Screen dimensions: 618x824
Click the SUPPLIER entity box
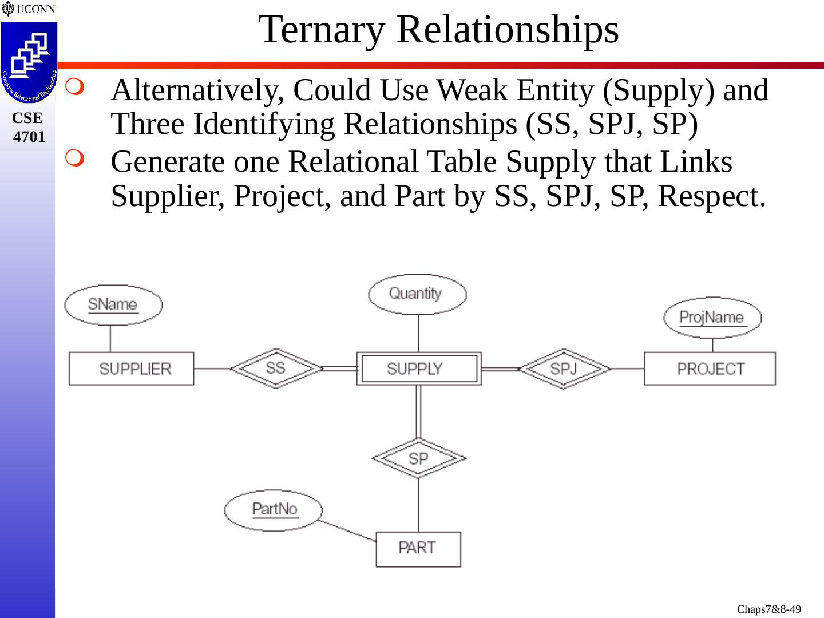[x=131, y=369]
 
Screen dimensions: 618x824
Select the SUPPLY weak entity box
[x=418, y=369]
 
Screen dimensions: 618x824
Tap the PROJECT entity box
[x=710, y=369]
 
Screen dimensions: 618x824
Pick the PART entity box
[x=418, y=549]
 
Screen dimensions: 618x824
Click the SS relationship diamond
[x=276, y=368]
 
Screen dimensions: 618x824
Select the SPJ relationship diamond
[x=564, y=369]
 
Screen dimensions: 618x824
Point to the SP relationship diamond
[x=418, y=458]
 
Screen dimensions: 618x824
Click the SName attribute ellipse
[x=113, y=304]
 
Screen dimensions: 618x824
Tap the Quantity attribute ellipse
[x=417, y=294]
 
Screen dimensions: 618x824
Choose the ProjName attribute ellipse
[x=712, y=318]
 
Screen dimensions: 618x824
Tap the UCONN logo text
[x=35, y=9]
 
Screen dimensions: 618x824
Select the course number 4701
[x=29, y=137]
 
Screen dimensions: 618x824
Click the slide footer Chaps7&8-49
[x=768, y=609]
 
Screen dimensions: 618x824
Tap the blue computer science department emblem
[x=29, y=62]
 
